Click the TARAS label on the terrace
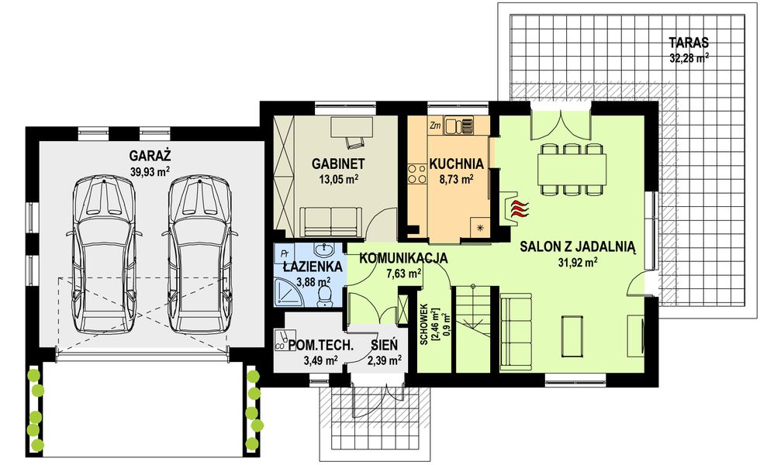tap(689, 43)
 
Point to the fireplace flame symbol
tap(517, 207)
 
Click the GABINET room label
tap(338, 164)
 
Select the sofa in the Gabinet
tap(330, 222)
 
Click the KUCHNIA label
tap(456, 164)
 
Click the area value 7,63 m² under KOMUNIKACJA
tap(403, 273)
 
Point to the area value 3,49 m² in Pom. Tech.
tap(320, 360)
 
